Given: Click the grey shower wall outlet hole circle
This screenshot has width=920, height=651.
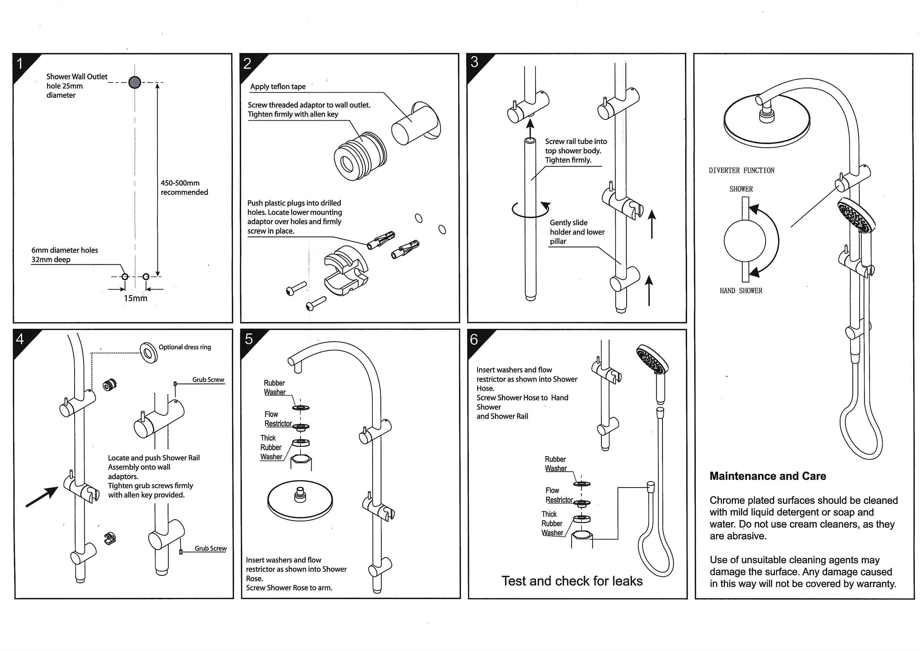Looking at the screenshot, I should point(135,82).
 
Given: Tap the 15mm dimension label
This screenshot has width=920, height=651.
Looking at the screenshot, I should point(135,298).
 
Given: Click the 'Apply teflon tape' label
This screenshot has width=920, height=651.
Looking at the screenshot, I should point(278,87).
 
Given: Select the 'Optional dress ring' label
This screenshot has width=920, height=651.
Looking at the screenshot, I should point(184,347).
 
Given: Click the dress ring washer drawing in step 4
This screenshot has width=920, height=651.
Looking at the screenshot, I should point(149,352).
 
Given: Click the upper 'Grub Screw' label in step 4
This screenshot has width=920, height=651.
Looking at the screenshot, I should point(208,380).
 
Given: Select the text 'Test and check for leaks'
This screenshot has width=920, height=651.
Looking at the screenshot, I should point(572,581).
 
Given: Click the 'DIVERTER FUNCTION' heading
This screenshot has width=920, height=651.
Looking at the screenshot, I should point(741,170).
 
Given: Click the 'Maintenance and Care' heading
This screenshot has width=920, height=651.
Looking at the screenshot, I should point(768,476).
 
